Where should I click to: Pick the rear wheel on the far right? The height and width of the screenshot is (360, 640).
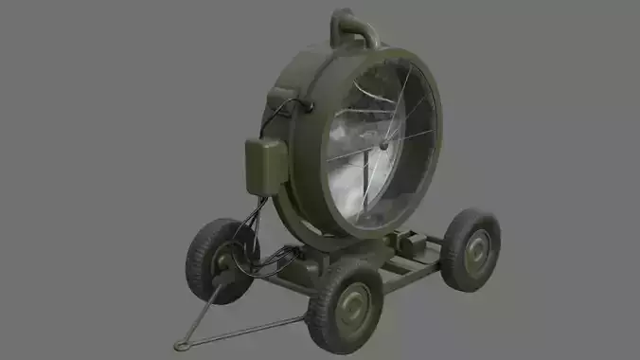(470, 248)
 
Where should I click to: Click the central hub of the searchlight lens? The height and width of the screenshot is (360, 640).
(382, 148)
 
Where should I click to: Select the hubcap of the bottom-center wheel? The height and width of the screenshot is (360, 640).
(354, 305)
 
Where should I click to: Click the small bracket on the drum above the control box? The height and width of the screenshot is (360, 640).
(284, 98)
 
